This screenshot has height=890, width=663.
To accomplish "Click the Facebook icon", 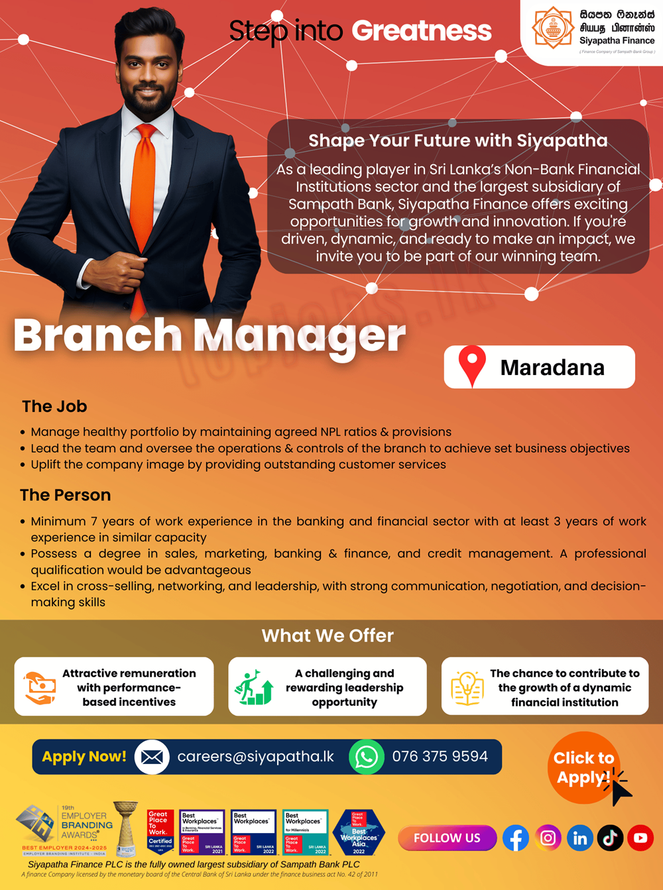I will (x=515, y=838).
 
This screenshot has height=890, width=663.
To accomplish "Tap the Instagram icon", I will (x=548, y=838).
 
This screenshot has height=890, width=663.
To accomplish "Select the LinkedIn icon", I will (x=579, y=838).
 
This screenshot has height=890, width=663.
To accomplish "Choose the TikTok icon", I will (x=610, y=838).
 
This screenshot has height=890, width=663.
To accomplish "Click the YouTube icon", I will (x=640, y=838).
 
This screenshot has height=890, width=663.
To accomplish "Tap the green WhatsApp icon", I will (x=367, y=757).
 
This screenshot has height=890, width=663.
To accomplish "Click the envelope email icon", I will (x=152, y=757).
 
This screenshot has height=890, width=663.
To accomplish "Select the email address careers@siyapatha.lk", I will (x=255, y=757).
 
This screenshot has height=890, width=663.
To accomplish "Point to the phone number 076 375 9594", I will (x=440, y=757).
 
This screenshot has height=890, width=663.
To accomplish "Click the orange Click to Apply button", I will (x=583, y=767).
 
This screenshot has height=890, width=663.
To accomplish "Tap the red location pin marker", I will (x=472, y=364).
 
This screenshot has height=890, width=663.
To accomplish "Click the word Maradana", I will (x=552, y=368).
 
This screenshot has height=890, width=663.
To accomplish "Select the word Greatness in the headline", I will (x=422, y=30).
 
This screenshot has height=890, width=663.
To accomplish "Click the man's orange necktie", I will (x=143, y=199).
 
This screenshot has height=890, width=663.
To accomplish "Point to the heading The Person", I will (x=65, y=495).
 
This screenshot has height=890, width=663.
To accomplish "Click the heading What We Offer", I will (x=328, y=636).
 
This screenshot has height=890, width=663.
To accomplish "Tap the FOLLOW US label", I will (x=447, y=838).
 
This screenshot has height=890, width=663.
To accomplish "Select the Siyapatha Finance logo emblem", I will (x=553, y=28).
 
